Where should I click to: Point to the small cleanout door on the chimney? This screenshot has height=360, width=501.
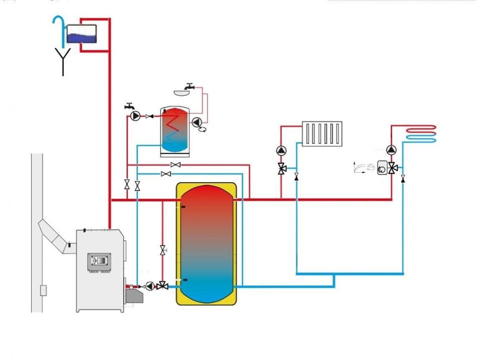44,289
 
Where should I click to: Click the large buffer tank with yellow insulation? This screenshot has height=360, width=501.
206,244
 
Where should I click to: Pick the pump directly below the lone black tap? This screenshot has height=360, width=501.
135,116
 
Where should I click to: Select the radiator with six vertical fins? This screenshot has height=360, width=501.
322,133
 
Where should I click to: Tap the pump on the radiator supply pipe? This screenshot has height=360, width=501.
282,150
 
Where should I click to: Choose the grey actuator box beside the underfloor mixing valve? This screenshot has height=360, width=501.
383,167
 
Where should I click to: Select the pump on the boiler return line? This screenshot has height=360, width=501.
150,286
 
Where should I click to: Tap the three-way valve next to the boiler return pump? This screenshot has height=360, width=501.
162,286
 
